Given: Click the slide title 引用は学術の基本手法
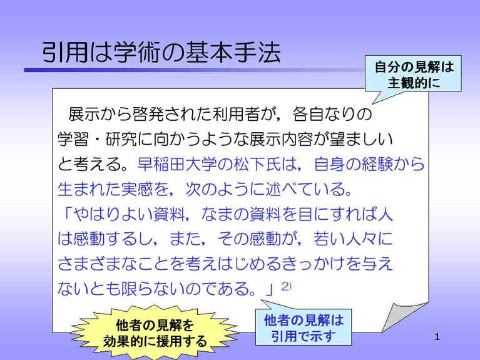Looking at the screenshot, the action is click(x=161, y=52).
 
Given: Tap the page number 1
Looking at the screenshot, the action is click(x=437, y=337).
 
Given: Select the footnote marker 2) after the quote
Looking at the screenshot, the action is click(x=286, y=286).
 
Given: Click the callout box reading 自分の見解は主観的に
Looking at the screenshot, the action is click(x=413, y=74).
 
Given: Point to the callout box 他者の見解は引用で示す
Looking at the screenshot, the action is click(x=304, y=327).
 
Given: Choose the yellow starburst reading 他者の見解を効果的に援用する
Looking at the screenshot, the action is click(x=155, y=332).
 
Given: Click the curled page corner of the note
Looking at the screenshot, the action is click(x=404, y=317).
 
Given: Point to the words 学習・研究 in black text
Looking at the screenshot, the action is click(x=98, y=139).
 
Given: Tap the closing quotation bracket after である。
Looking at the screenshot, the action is click(x=268, y=289).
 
